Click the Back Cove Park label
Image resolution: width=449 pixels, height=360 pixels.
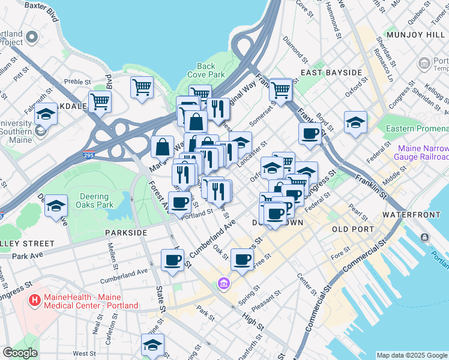tap(206, 71)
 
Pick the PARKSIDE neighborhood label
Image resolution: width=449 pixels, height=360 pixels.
tap(126, 232)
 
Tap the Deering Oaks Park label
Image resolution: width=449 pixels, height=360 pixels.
tap(97, 200)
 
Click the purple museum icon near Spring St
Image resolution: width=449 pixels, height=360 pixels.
tap(224, 283)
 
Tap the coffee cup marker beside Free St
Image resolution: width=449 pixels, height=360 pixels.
tap(243, 259)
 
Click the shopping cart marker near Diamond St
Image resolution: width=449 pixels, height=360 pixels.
tap(280, 90)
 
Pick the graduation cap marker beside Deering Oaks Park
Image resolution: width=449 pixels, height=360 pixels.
tap(56, 206)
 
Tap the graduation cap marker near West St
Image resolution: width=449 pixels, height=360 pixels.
tap(152, 345)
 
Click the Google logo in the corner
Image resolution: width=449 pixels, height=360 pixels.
tap(20, 353)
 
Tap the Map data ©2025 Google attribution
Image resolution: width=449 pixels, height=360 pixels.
tap(412, 355)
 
